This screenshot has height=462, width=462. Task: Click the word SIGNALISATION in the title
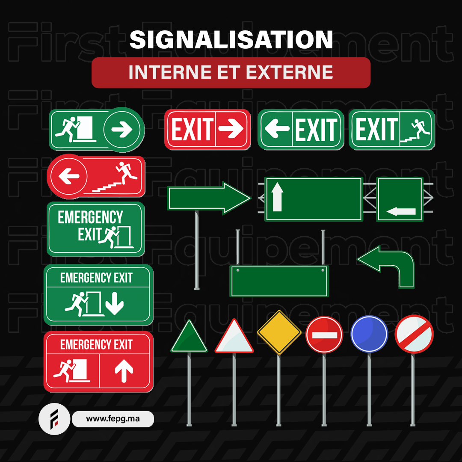click(231, 39)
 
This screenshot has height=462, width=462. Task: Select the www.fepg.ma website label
click(113, 419)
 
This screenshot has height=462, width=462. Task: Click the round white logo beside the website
click(54, 419)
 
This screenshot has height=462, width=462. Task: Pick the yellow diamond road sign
click(279, 332)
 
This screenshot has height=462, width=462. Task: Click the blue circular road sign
click(369, 334)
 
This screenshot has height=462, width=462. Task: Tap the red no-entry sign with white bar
click(324, 335)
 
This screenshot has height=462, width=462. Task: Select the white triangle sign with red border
click(234, 336)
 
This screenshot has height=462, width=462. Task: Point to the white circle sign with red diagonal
click(414, 334)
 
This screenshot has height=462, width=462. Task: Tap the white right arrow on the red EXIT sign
click(231, 128)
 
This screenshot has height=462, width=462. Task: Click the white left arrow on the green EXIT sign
click(277, 128)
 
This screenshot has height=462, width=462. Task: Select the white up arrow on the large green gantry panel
click(277, 197)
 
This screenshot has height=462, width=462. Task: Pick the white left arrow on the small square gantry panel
click(401, 211)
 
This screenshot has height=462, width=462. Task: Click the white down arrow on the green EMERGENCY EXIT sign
click(115, 303)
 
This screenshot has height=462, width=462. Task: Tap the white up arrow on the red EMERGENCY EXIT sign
click(124, 370)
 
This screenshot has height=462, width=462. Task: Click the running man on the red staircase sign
click(127, 173)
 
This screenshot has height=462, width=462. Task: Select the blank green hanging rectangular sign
click(279, 281)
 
